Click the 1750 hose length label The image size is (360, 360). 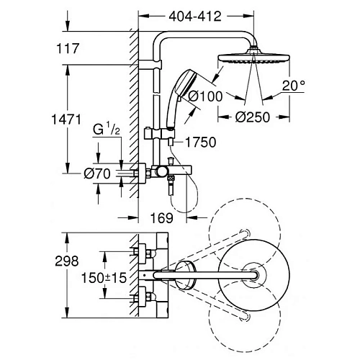click(x=202, y=143)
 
